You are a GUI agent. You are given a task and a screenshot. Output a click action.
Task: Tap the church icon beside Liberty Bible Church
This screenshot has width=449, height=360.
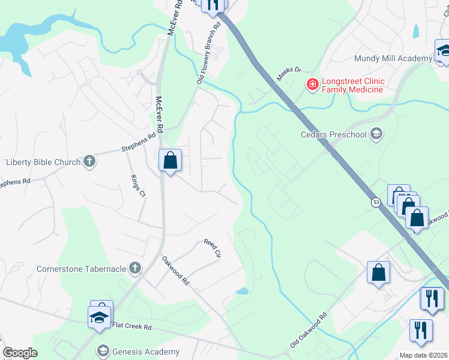[x=89, y=161]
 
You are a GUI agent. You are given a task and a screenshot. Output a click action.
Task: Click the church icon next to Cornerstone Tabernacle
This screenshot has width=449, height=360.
[x=135, y=268]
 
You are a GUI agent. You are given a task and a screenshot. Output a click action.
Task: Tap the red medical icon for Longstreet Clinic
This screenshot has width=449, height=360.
[x=312, y=85]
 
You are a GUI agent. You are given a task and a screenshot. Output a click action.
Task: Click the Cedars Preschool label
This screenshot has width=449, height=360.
[x=333, y=134]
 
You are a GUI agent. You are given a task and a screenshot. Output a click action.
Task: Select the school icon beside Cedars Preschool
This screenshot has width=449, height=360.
[x=377, y=134]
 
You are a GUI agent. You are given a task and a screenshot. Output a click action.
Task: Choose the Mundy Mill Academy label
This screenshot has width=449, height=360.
[x=393, y=58]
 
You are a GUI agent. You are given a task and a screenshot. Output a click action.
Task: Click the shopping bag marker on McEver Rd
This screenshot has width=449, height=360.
[x=170, y=161]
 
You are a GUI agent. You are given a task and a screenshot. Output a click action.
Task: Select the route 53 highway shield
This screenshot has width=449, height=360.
[x=376, y=202]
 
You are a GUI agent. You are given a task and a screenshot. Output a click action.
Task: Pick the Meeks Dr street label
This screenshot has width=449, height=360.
[x=287, y=74]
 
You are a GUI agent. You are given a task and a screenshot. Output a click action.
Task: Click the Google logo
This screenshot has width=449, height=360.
[x=20, y=352]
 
